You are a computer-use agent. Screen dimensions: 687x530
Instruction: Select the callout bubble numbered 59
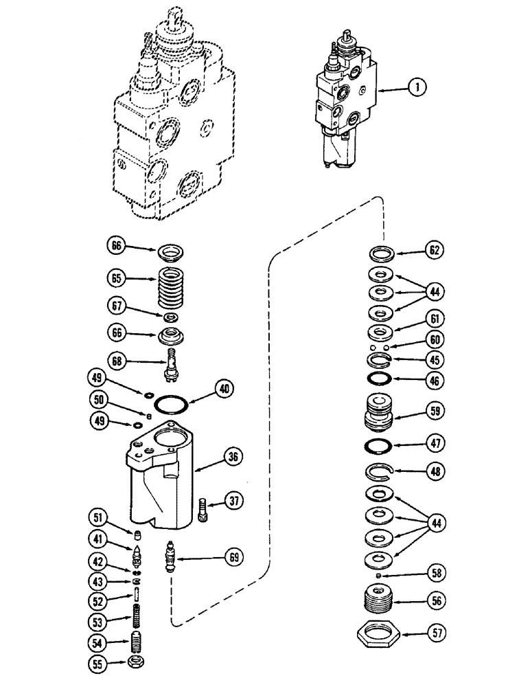coord(433,412)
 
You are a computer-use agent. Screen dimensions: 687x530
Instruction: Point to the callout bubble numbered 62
coord(433,251)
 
